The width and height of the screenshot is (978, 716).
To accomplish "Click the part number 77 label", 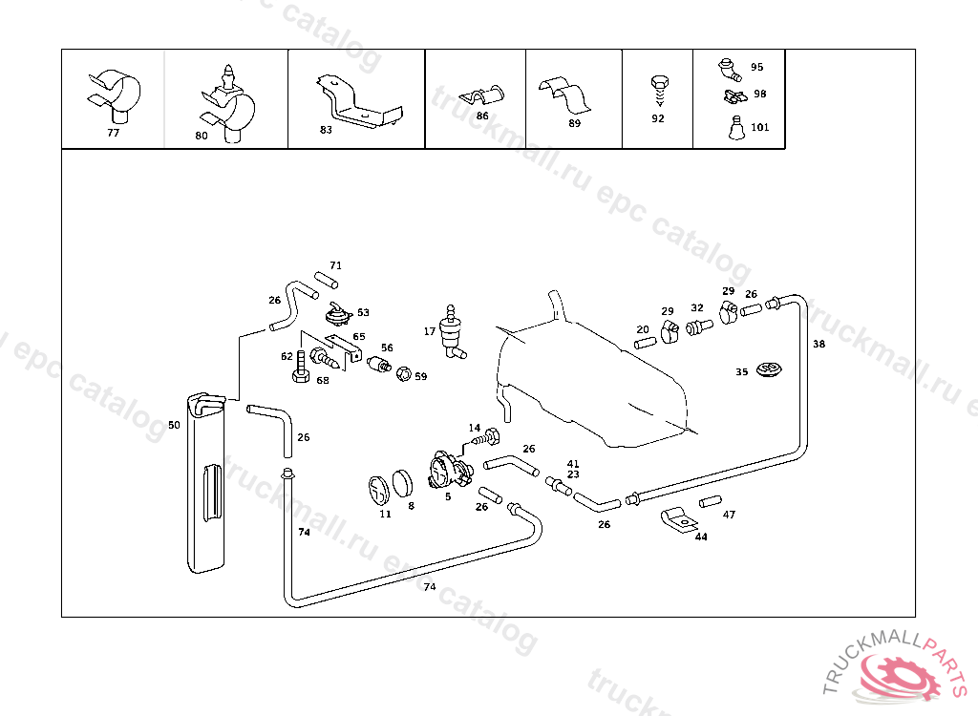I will [113, 133].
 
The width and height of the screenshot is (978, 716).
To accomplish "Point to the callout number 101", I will [760, 127].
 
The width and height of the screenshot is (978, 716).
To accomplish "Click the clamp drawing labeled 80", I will [226, 103].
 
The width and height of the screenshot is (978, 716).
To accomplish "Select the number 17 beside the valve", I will [430, 330].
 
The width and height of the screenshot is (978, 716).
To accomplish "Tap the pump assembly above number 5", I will [448, 472].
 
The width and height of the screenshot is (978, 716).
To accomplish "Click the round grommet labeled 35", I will [767, 369].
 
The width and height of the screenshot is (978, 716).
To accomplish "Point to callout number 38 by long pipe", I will [819, 344].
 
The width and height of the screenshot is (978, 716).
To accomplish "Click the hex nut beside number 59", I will [403, 374].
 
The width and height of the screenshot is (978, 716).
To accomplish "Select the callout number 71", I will [335, 265].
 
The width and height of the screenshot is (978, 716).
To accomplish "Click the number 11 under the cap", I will [385, 514].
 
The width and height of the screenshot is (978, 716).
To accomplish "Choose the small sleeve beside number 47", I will [708, 502].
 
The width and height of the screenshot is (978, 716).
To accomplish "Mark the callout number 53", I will [363, 312].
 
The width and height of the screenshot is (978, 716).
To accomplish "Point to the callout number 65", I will [358, 336].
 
